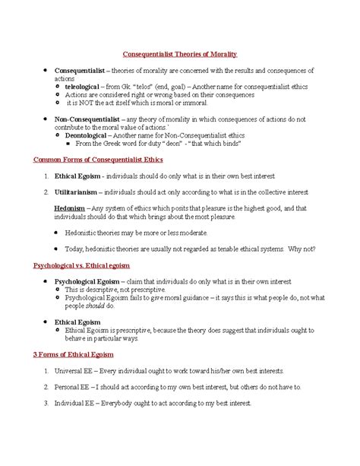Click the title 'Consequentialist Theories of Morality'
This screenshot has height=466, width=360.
pyautogui.click(x=181, y=54)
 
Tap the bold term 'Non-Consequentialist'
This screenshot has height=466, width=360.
pyautogui.click(x=83, y=119)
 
